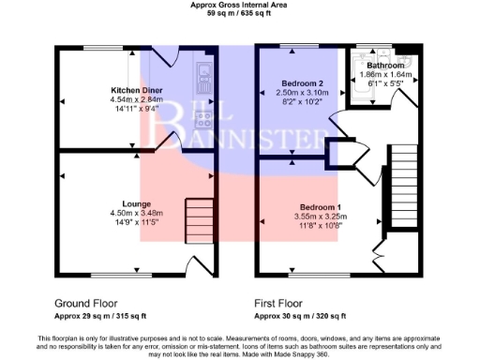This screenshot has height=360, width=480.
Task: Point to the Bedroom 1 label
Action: click(320, 206)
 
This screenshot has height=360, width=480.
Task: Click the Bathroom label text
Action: click(385, 66)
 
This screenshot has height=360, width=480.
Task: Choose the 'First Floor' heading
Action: click(279, 304)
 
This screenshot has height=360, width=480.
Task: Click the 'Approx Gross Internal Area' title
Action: click(241, 6)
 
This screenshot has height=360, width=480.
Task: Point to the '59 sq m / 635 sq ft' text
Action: click(241, 15)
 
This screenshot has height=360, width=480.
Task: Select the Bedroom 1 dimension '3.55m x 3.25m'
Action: click(320, 216)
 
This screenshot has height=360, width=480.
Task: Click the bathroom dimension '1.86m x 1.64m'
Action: click(385, 74)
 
